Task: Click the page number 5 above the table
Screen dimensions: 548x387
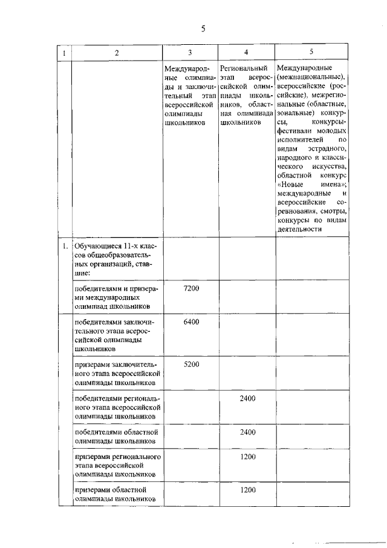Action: (x=203, y=28)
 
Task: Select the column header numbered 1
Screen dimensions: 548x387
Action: (x=64, y=53)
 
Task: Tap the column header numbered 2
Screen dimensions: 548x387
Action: (x=116, y=53)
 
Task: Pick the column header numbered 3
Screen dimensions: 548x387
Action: (x=190, y=52)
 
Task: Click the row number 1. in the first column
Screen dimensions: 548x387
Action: (x=63, y=246)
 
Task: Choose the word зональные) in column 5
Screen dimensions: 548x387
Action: (x=294, y=113)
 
